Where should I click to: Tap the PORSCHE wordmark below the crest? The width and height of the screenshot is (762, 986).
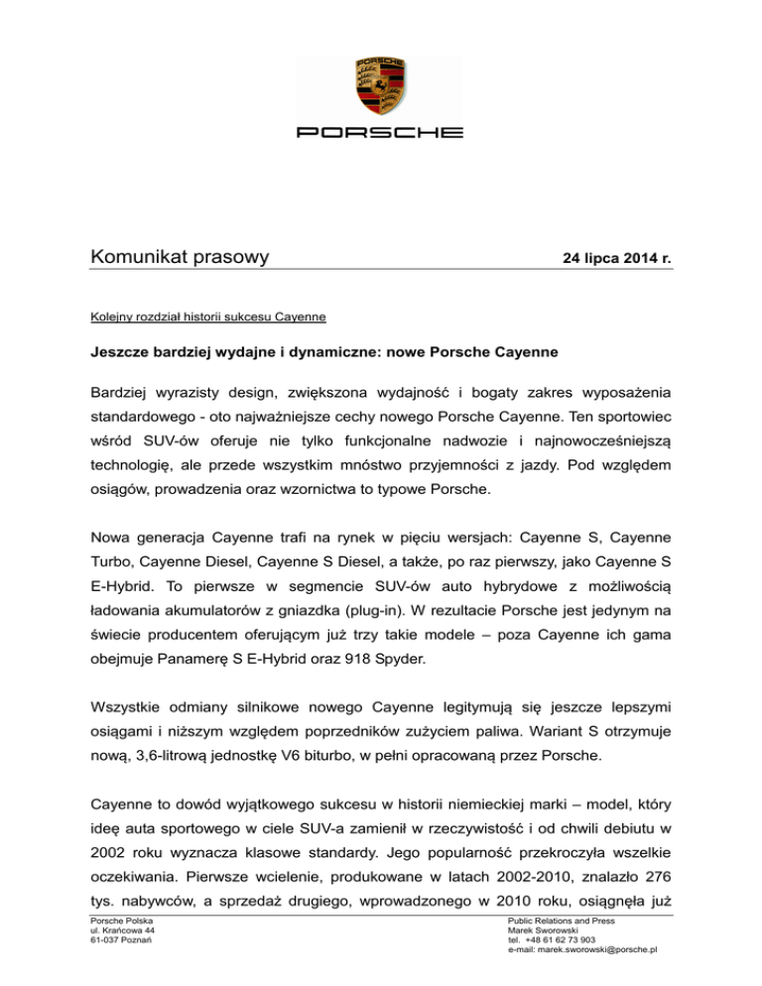coord(380,132)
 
